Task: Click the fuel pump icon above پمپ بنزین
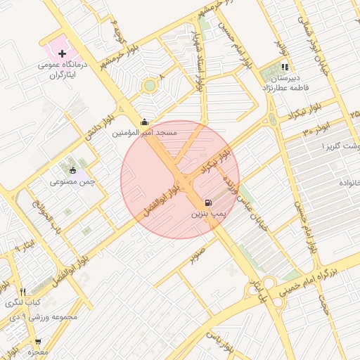(x=208, y=202)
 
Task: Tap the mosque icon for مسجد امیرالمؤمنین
(x=145, y=121)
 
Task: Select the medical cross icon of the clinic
(x=63, y=53)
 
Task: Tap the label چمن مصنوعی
(x=72, y=181)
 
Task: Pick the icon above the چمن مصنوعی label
(x=72, y=169)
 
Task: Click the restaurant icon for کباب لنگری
(x=23, y=292)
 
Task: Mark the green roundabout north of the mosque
(x=149, y=86)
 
